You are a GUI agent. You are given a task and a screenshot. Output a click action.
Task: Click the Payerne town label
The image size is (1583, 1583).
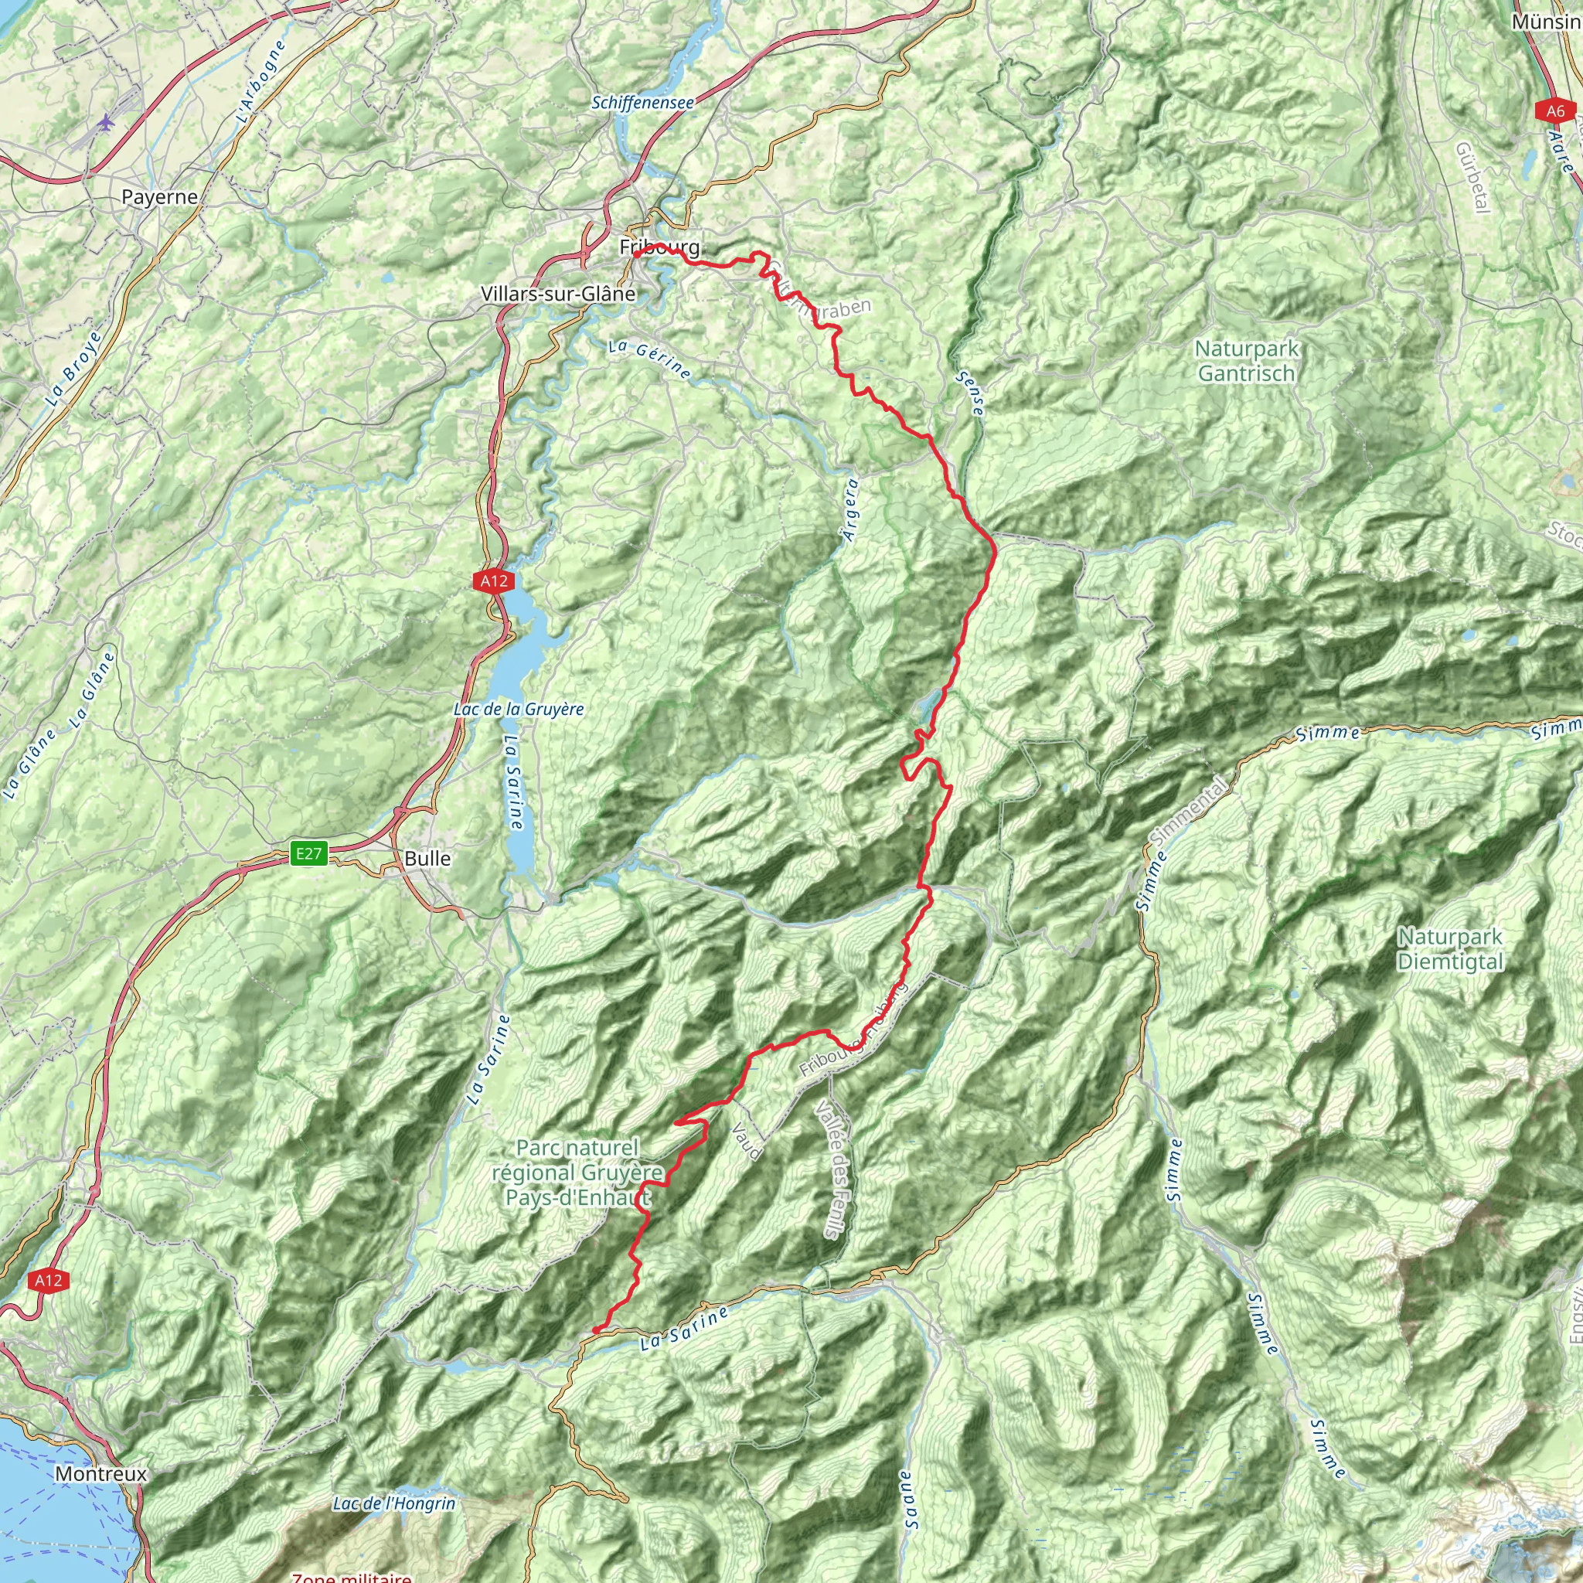pyautogui.click(x=159, y=196)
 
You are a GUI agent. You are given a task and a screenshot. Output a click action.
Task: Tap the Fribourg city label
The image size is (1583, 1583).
pyautogui.click(x=659, y=247)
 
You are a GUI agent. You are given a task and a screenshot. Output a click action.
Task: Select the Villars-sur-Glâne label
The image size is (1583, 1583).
pyautogui.click(x=558, y=293)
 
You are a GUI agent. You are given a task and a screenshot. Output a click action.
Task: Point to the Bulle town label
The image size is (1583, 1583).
pyautogui.click(x=427, y=858)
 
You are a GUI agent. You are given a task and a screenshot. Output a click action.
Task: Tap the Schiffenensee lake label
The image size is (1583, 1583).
pyautogui.click(x=642, y=103)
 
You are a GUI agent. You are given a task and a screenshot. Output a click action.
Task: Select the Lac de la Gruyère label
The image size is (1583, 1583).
pyautogui.click(x=519, y=709)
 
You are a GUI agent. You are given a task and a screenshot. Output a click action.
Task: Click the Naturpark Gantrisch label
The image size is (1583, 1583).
pyautogui.click(x=1246, y=360)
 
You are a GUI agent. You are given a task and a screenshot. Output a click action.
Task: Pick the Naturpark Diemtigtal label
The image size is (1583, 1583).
pyautogui.click(x=1450, y=949)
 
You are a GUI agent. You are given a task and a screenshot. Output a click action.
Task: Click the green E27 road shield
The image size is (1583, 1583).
pyautogui.click(x=309, y=854)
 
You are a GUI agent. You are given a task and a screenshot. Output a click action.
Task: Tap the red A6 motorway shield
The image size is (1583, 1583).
pyautogui.click(x=1555, y=111)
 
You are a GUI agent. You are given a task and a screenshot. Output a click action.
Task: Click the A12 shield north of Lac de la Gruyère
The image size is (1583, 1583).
pyautogui.click(x=493, y=581)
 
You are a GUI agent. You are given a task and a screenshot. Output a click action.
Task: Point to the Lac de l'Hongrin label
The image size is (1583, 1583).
pyautogui.click(x=394, y=1503)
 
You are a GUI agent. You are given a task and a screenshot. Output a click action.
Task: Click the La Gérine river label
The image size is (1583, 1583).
pyautogui.click(x=650, y=359)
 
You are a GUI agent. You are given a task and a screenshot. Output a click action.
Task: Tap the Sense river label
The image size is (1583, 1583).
pyautogui.click(x=969, y=393)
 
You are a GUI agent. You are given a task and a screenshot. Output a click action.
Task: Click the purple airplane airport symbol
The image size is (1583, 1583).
pyautogui.click(x=106, y=122)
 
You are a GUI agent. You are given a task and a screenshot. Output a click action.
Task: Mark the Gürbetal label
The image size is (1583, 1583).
pyautogui.click(x=1472, y=177)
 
